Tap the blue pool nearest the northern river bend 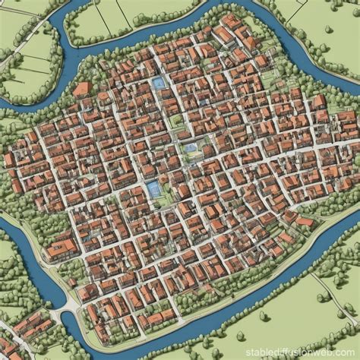[158, 82]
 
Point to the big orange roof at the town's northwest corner [81, 90]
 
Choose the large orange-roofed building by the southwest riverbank [61, 248]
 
